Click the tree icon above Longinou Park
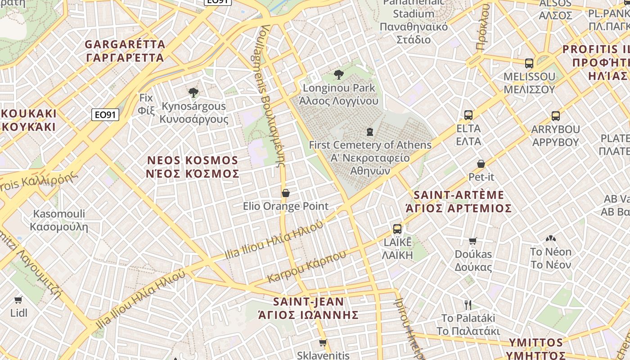click(x=338, y=75)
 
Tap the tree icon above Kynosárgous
click(x=193, y=93)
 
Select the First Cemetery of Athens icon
click(x=370, y=132)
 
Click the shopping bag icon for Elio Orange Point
click(x=285, y=193)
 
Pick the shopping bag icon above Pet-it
click(x=481, y=164)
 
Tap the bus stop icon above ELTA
click(x=468, y=115)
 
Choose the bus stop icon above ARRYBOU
click(x=556, y=116)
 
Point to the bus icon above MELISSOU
click(x=529, y=63)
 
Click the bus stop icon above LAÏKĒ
click(x=397, y=229)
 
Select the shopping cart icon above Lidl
click(x=18, y=300)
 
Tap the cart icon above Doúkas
click(x=473, y=241)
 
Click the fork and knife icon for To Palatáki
click(x=468, y=305)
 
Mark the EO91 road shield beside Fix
click(x=105, y=115)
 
